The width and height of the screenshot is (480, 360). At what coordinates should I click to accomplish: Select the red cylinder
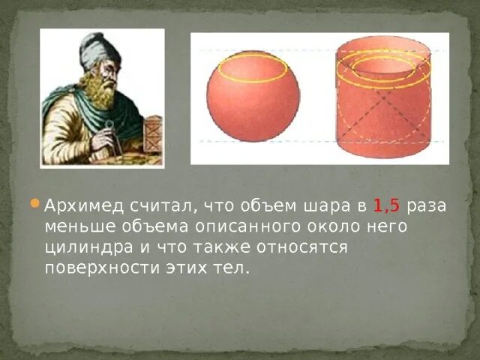click(x=383, y=112)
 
